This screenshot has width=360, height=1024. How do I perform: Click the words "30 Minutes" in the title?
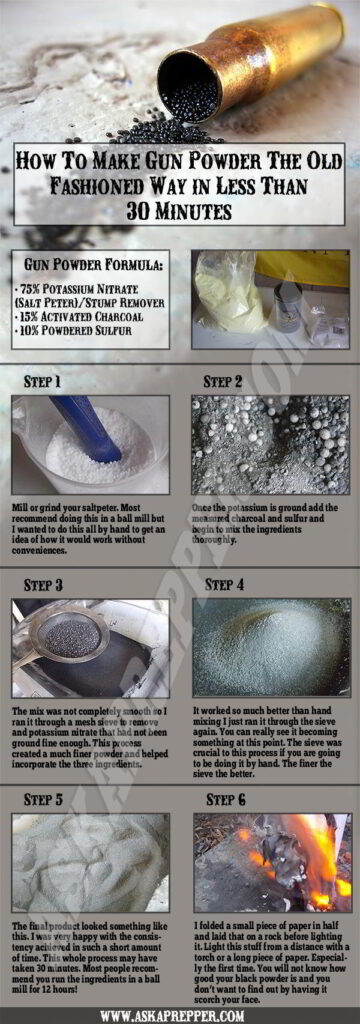pyautogui.click(x=179, y=212)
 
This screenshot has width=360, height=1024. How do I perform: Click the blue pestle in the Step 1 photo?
pyautogui.click(x=85, y=426)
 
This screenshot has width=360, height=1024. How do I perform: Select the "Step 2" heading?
pyautogui.click(x=224, y=381)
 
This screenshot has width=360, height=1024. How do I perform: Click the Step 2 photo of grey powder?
pyautogui.click(x=270, y=445)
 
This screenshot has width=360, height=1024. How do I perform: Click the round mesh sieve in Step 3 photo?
pyautogui.click(x=70, y=634)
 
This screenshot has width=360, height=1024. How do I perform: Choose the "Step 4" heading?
pyautogui.click(x=226, y=584)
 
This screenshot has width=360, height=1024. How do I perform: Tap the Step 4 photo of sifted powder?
pyautogui.click(x=270, y=648)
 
